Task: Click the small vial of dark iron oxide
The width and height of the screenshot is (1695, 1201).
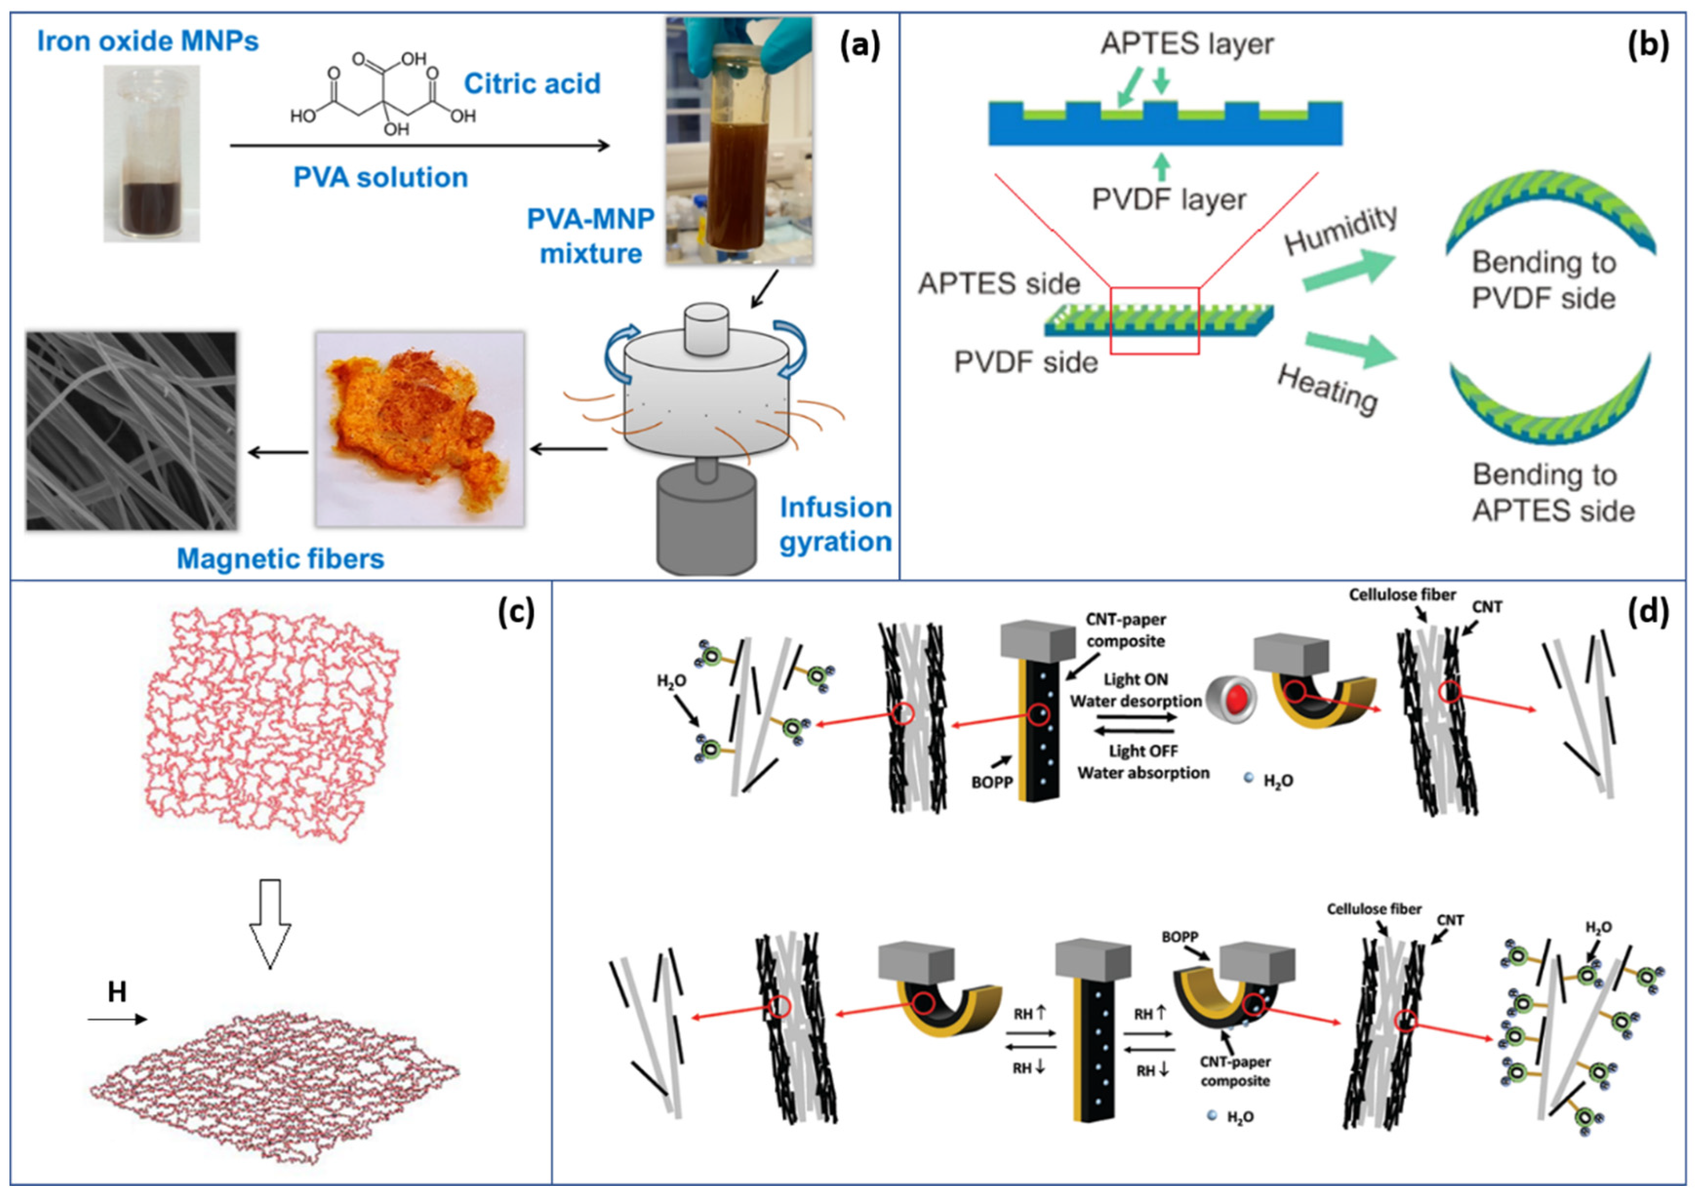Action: point(152,154)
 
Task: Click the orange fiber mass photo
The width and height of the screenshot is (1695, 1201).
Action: point(419,429)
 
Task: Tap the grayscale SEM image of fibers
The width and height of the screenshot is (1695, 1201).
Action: point(132,431)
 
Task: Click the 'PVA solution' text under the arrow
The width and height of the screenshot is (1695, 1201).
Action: point(380,177)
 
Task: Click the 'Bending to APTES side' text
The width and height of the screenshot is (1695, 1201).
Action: point(1552,492)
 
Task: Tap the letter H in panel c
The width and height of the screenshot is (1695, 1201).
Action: point(117,992)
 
